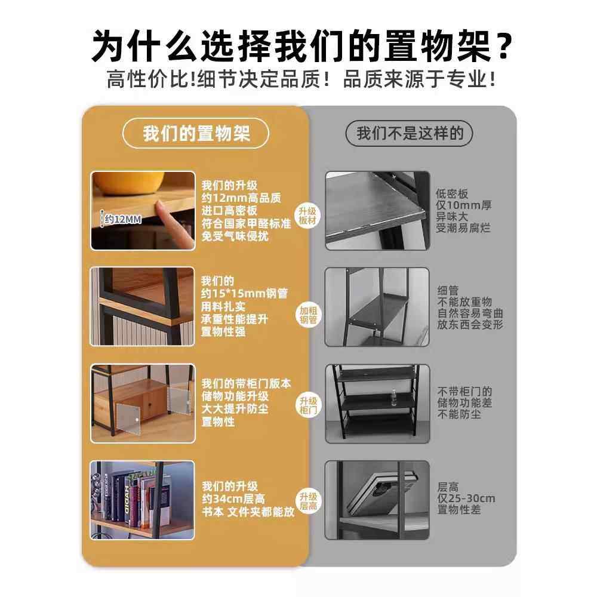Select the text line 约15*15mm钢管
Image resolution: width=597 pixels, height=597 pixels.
(x=244, y=294)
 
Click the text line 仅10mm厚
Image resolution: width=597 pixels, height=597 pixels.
(x=463, y=205)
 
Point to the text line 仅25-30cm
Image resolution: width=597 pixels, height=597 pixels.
(x=466, y=498)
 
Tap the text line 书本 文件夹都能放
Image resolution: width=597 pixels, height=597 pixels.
(x=248, y=512)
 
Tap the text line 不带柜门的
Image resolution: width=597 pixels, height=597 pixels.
(x=465, y=392)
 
